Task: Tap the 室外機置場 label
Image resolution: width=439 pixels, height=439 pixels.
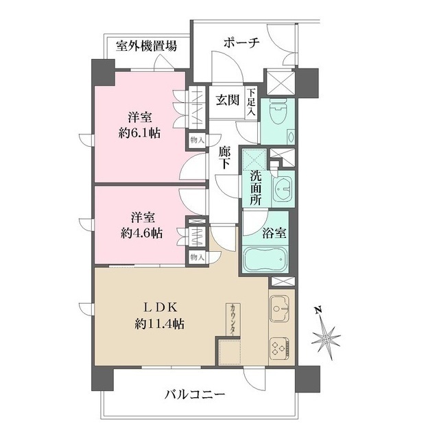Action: point(145,47)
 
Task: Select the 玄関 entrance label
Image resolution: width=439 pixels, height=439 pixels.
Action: point(227,100)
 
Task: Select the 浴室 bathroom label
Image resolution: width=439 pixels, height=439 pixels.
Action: point(274,232)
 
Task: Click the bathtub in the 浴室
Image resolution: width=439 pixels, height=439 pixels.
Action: point(269,260)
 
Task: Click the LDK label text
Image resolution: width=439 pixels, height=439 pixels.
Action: point(158,305)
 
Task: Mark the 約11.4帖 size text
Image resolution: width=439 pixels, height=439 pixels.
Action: point(158,322)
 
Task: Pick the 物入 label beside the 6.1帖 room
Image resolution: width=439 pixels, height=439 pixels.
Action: point(196,139)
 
